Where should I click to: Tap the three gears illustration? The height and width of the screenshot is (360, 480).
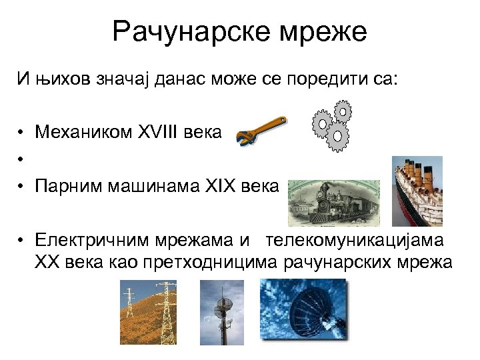(x=332, y=126)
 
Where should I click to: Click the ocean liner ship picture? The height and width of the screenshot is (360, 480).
(x=417, y=191)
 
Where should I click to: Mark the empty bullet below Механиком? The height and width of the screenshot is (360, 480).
(x=22, y=159)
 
